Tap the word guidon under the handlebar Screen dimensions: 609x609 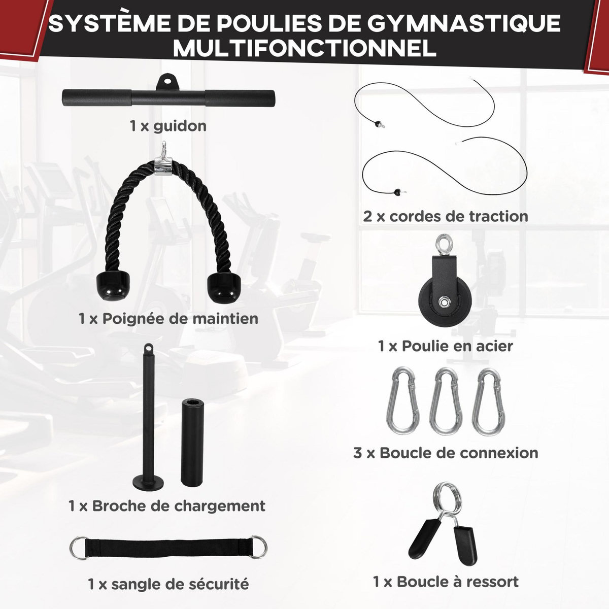180,125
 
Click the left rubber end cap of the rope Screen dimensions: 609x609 111,287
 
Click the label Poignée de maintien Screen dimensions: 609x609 168,319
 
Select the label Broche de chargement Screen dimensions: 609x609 167,505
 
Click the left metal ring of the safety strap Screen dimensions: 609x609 78,548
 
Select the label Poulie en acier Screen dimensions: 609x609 445,346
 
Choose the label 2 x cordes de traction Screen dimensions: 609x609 446,216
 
